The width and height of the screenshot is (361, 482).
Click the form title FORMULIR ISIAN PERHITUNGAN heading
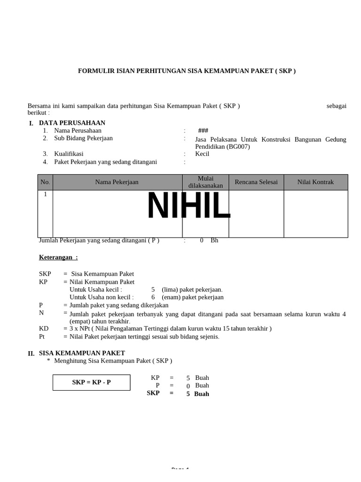click(x=187, y=71)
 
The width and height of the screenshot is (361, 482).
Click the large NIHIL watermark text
click(x=188, y=207)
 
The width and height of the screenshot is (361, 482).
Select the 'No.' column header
click(x=45, y=182)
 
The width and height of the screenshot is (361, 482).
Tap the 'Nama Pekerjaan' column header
click(x=117, y=182)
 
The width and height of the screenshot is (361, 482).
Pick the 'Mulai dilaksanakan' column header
click(x=205, y=182)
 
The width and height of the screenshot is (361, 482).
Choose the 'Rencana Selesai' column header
click(x=256, y=182)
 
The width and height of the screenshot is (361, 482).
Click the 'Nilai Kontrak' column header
click(x=315, y=182)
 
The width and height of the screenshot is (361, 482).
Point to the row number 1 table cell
click(x=45, y=194)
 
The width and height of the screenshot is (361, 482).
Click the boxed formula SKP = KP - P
click(x=91, y=382)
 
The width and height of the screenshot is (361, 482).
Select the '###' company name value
click(x=203, y=130)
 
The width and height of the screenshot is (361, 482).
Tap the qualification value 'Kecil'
click(x=202, y=154)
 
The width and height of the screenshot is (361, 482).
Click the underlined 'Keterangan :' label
click(x=58, y=257)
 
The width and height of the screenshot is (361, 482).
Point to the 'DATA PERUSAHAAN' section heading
click(x=72, y=123)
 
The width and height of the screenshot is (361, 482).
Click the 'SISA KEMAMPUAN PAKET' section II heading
click(x=82, y=353)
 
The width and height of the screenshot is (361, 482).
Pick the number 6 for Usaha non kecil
click(x=153, y=297)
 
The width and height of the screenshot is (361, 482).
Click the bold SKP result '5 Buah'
click(x=197, y=394)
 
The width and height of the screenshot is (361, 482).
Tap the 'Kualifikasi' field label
click(x=69, y=154)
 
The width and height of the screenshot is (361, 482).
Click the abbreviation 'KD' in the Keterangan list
click(x=44, y=329)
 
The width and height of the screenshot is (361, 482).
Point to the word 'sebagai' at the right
click(x=336, y=106)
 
